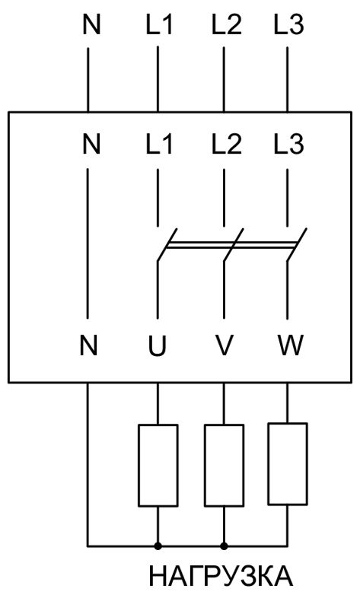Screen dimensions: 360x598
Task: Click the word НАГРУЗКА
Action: [221, 576]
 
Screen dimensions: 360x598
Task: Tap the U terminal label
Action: [158, 345]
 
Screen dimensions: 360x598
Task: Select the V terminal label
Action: [224, 345]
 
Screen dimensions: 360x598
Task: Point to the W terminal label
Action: [291, 345]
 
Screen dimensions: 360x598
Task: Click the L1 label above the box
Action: [159, 25]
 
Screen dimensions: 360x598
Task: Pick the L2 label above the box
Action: [227, 25]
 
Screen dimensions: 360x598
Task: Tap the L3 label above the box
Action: [288, 25]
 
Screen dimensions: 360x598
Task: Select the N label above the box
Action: [91, 25]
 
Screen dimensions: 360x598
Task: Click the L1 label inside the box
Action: [159, 144]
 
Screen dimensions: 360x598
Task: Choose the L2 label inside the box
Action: [227, 144]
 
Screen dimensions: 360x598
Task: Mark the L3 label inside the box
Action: [288, 144]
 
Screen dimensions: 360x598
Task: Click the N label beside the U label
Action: [88, 345]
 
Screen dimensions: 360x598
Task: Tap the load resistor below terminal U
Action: [158, 466]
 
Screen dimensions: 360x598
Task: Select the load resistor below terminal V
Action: [225, 466]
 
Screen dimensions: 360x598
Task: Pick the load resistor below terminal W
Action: [288, 464]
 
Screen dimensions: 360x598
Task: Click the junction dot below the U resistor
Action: [158, 546]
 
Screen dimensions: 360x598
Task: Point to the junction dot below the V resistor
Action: [225, 546]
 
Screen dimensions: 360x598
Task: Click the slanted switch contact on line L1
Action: [167, 245]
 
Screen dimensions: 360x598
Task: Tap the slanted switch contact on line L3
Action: [297, 245]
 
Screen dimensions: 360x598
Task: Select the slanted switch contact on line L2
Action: [234, 245]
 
